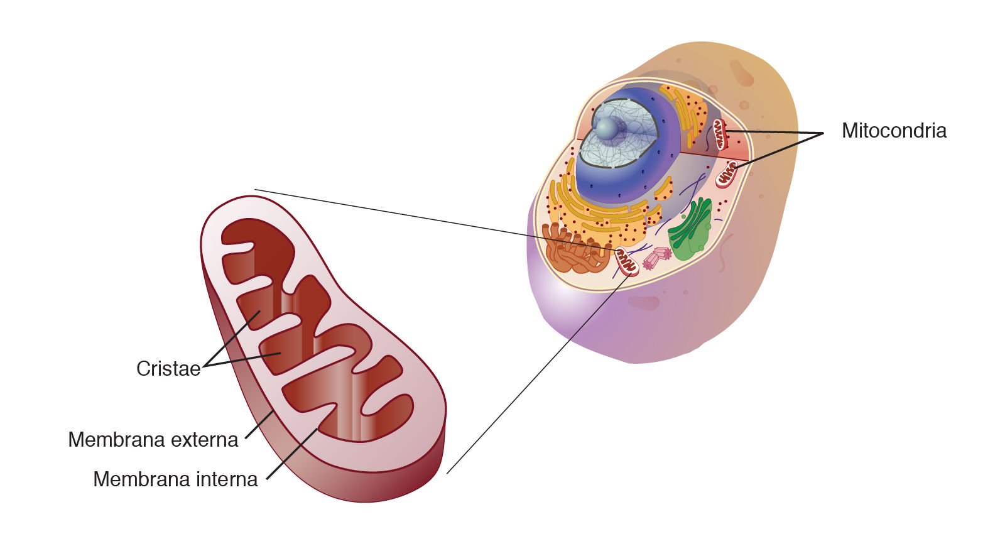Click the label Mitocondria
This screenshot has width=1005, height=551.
pos(893,131)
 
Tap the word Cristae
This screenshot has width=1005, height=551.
pos(168,369)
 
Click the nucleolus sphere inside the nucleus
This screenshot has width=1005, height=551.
pos(607,128)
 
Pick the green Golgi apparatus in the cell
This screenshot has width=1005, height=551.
pos(691,229)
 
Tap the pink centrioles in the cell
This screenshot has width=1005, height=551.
pos(657,257)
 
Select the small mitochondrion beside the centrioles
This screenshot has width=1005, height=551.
pos(626,261)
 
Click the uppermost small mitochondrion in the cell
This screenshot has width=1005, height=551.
pos(719,134)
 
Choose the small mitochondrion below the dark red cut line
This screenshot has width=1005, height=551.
pos(727,173)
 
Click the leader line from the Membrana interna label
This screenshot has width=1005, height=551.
pos(292,454)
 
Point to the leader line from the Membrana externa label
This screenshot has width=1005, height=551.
pos(258,425)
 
